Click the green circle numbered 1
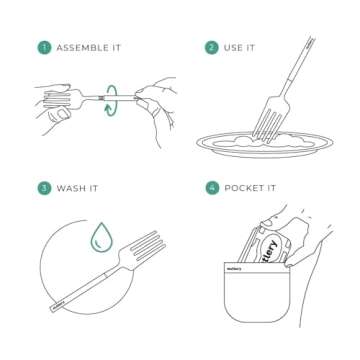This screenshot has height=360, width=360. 44,47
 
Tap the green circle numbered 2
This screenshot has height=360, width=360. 211,47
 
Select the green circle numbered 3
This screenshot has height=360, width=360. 44,187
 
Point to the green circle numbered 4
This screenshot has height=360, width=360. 211,187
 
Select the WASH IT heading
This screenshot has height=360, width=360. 77,187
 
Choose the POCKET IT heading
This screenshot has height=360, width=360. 252,187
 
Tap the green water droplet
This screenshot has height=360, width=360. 100,238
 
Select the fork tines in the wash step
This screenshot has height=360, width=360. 145,247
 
